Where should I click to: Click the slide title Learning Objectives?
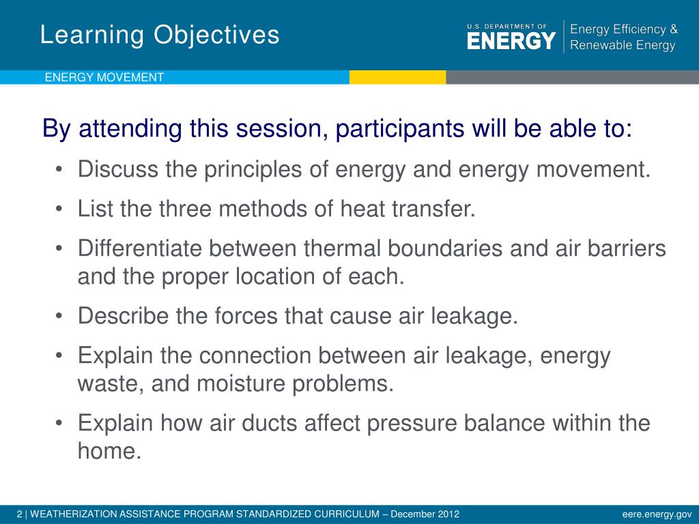[x=160, y=35]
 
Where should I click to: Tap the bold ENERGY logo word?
[x=511, y=41]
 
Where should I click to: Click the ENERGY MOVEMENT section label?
[x=104, y=77]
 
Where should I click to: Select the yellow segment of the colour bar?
[x=398, y=77]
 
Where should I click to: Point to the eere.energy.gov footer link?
[x=657, y=514]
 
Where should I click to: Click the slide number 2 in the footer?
[x=20, y=514]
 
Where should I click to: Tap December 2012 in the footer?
[x=425, y=514]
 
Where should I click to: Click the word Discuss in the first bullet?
[x=118, y=169]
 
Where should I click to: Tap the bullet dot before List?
[x=59, y=209]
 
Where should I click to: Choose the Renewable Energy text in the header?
[x=623, y=45]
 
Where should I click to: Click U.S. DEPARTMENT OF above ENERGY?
[x=507, y=27]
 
